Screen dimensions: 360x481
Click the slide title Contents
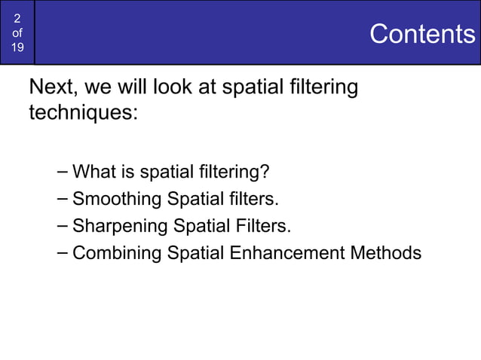click(422, 34)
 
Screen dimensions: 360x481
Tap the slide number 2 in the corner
click(17, 18)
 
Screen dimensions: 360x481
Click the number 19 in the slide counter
click(17, 48)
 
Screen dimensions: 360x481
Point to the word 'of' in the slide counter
click(17, 33)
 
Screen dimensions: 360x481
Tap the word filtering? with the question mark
click(234, 172)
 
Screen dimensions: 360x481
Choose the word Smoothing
click(117, 200)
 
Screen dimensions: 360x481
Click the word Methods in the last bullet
click(385, 253)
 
